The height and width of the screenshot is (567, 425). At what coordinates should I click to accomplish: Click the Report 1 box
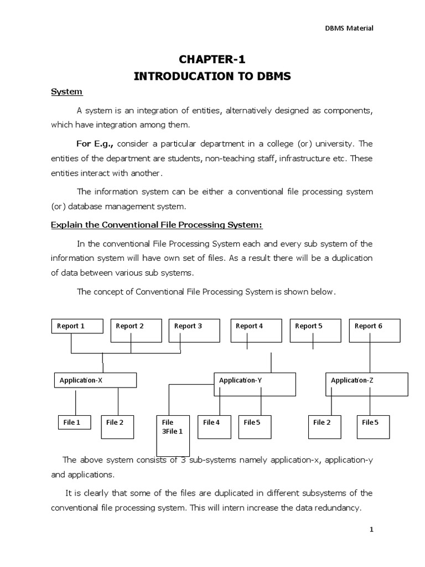(x=77, y=326)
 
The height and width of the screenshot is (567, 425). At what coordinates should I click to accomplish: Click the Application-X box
(x=95, y=380)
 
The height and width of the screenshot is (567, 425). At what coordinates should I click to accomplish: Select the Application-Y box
(x=255, y=384)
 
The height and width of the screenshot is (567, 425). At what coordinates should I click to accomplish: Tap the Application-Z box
(x=366, y=384)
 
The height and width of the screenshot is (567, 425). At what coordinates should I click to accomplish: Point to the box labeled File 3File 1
(x=172, y=434)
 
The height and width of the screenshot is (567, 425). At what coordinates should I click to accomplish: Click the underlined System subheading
(x=66, y=91)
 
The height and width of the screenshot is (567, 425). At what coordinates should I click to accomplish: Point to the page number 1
(x=372, y=530)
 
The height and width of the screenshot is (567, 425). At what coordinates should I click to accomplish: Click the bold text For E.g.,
(x=95, y=144)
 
